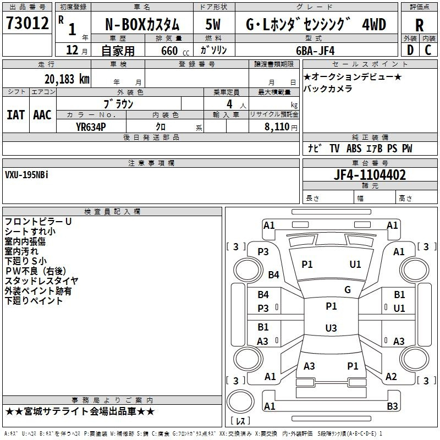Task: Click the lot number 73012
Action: click(x=27, y=23)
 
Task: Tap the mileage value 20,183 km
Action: click(x=67, y=79)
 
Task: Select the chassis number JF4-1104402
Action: click(x=370, y=175)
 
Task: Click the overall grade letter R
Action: click(x=419, y=25)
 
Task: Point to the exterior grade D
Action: click(x=410, y=50)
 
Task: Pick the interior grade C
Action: click(x=428, y=50)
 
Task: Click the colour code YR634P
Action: click(x=91, y=127)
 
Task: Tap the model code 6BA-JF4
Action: click(x=315, y=51)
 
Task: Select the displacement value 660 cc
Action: click(x=175, y=51)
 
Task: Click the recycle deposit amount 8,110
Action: click(x=277, y=127)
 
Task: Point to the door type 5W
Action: click(x=213, y=24)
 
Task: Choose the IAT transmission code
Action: click(x=16, y=115)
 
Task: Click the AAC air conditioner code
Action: click(x=42, y=115)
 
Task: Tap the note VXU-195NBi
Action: click(x=26, y=175)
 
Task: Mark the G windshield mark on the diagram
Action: click(x=348, y=290)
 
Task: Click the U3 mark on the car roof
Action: click(x=331, y=328)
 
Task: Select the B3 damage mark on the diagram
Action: click(x=392, y=406)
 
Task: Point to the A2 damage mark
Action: click(x=391, y=377)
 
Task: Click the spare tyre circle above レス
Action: click(x=240, y=401)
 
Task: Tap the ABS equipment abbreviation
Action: click(x=354, y=148)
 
